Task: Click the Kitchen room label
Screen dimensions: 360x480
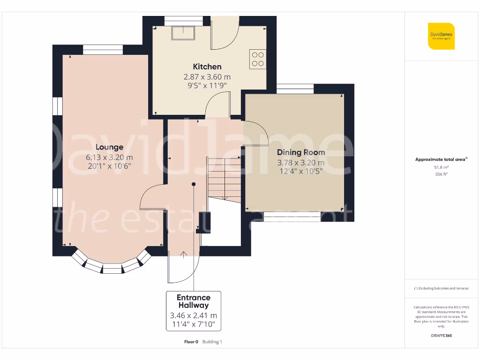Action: click(207, 67)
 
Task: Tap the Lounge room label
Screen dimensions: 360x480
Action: click(110, 147)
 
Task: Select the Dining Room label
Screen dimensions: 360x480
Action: click(300, 152)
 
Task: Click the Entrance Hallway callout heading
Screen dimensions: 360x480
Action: click(194, 301)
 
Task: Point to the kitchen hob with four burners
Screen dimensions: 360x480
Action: click(258, 59)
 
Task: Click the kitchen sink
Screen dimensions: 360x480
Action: click(182, 33)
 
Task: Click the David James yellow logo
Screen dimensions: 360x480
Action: click(441, 36)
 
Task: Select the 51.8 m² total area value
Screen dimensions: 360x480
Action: click(441, 167)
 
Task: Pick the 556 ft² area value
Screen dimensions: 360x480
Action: click(441, 174)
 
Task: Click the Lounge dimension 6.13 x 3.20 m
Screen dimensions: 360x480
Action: click(110, 157)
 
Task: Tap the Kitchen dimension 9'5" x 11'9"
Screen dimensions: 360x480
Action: click(207, 85)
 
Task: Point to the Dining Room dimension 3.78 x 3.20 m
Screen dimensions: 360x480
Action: click(300, 163)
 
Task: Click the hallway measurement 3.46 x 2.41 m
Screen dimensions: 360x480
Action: click(194, 315)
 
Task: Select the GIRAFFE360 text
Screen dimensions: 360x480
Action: click(441, 336)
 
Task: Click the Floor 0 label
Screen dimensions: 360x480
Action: click(191, 342)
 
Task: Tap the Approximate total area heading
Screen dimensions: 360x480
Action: click(441, 159)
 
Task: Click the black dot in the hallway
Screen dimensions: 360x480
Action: click(194, 184)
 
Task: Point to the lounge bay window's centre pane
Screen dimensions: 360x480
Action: click(112, 269)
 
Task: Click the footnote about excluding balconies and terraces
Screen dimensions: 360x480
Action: click(441, 288)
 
